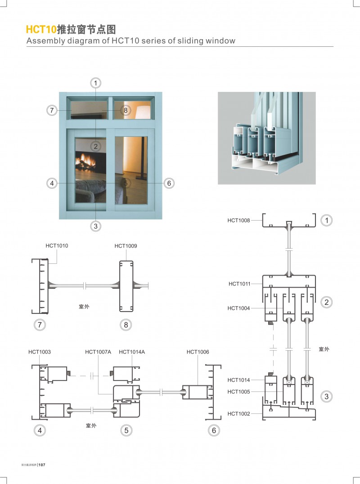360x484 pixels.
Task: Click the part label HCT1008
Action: pyautogui.click(x=238, y=220)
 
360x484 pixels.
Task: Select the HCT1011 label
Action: pyautogui.click(x=239, y=284)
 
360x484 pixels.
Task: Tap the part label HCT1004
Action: pyautogui.click(x=238, y=308)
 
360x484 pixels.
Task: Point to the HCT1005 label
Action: pyautogui.click(x=238, y=391)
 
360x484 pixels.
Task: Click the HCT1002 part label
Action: pyautogui.click(x=238, y=413)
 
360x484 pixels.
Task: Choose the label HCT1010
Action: pyautogui.click(x=57, y=246)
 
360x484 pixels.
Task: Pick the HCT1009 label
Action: pyautogui.click(x=126, y=246)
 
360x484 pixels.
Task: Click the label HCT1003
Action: pyautogui.click(x=40, y=352)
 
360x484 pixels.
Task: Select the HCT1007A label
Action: pyautogui.click(x=98, y=352)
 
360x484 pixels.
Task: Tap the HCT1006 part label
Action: pyautogui.click(x=198, y=352)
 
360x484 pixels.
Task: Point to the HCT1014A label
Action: pyautogui.click(x=132, y=352)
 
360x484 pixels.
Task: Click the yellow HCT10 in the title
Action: pyautogui.click(x=40, y=30)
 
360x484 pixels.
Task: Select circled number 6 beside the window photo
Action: pyautogui.click(x=169, y=183)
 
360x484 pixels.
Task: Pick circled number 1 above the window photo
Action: pyautogui.click(x=95, y=83)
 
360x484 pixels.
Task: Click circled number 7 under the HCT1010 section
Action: pyautogui.click(x=40, y=324)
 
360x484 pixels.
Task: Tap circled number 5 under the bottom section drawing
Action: pyautogui.click(x=126, y=430)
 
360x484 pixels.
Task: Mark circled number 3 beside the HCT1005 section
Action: pyautogui.click(x=326, y=396)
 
